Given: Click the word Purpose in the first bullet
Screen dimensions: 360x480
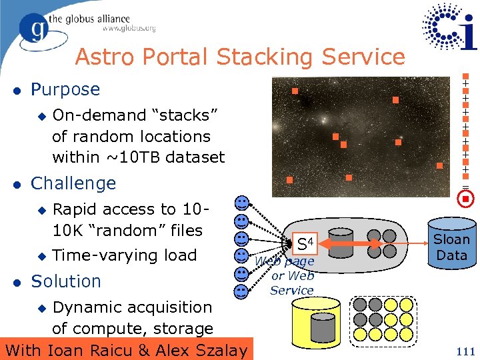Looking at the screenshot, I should (x=65, y=89).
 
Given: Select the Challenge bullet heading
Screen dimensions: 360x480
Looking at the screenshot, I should (x=73, y=183).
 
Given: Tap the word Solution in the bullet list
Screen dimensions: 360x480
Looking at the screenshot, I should (x=66, y=281).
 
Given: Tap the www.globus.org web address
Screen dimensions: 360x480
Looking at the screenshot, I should (x=129, y=29).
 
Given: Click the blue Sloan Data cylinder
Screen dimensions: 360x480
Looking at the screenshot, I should (x=451, y=246).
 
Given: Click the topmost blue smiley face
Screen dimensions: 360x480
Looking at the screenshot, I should (x=241, y=202).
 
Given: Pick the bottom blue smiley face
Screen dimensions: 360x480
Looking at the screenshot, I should (x=241, y=291).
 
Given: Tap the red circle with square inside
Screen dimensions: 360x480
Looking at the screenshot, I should (x=467, y=199).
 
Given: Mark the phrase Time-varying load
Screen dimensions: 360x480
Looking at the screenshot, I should (x=124, y=255).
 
